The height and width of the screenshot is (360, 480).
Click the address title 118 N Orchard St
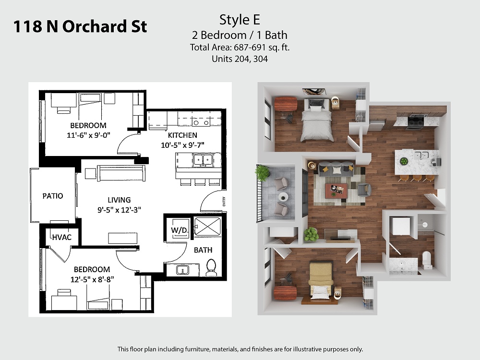pyautogui.click(x=80, y=26)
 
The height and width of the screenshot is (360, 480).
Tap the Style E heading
pyautogui.click(x=240, y=20)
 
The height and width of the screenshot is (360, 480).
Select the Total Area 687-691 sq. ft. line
pyautogui.click(x=240, y=48)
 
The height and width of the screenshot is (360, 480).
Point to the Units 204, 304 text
pyautogui.click(x=240, y=59)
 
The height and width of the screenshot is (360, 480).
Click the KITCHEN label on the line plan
pyautogui.click(x=182, y=135)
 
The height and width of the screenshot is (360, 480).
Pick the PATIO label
pyautogui.click(x=53, y=196)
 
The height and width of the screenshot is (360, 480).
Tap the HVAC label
pyautogui.click(x=61, y=237)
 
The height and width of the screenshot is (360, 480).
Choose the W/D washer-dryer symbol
pyautogui.click(x=179, y=230)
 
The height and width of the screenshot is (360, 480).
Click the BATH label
pyautogui.click(x=203, y=250)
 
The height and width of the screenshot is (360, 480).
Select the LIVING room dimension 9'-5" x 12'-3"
pyautogui.click(x=119, y=210)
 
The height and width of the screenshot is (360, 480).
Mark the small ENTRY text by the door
pyautogui.click(x=224, y=202)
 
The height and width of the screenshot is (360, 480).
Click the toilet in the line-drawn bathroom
pyautogui.click(x=211, y=267)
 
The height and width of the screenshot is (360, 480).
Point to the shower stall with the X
pyautogui.click(x=207, y=227)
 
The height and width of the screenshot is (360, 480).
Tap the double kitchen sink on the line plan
pyautogui.click(x=203, y=160)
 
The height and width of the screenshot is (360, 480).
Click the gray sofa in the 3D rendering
pyautogui.click(x=336, y=168)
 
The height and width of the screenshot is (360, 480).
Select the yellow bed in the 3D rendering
pyautogui.click(x=321, y=280)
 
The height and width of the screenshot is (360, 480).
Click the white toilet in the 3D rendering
pyautogui.click(x=426, y=260)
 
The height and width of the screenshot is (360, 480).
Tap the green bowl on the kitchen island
pyautogui.click(x=404, y=161)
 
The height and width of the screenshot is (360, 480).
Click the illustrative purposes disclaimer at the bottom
pyautogui.click(x=240, y=349)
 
